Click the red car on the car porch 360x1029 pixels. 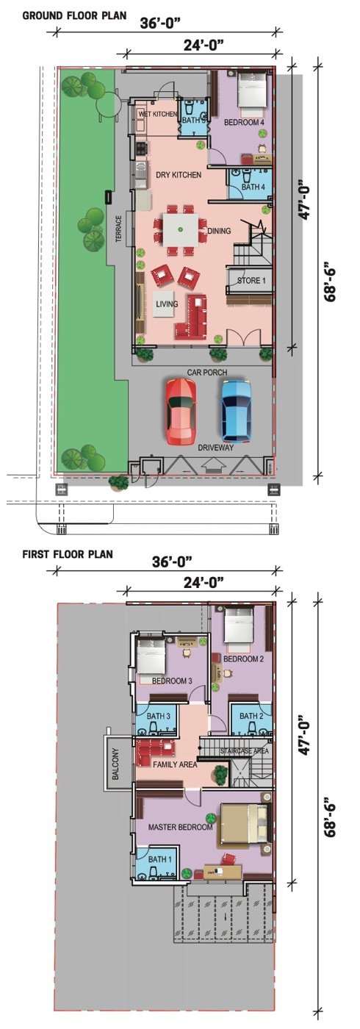tap(181, 412)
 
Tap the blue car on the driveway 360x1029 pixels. tap(237, 410)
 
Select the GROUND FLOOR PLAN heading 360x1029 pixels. tap(74, 15)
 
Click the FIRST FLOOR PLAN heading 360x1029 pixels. tap(68, 554)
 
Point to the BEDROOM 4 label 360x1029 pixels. tap(244, 123)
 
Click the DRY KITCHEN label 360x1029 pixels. tap(179, 175)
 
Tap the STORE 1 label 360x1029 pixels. tap(251, 280)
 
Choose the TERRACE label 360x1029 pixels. tap(118, 229)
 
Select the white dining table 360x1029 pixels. tap(181, 229)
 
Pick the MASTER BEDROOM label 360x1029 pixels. tap(180, 827)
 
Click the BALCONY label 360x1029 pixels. tap(116, 764)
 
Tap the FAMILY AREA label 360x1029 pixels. tap(175, 764)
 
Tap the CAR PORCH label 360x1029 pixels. tap(207, 372)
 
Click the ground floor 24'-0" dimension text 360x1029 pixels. tap(204, 45)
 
